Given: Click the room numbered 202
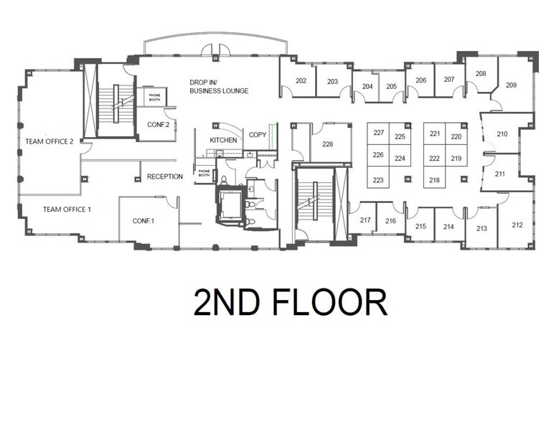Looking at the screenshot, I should [301, 81].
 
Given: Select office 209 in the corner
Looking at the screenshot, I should [511, 85].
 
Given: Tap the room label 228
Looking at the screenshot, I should [327, 144].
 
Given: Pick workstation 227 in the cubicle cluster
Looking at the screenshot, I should [379, 133].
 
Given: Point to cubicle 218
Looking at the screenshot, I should [435, 180].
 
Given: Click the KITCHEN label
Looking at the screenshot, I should [223, 140].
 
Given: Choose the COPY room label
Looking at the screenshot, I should [258, 135].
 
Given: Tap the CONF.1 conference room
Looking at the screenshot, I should [143, 221].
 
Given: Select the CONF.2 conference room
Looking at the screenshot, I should [158, 124].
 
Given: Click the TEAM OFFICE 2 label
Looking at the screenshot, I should [49, 142].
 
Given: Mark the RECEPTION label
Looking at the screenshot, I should [165, 177].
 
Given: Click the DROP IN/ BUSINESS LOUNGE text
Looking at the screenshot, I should [219, 87].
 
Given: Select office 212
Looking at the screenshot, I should [517, 225].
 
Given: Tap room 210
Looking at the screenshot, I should [502, 134].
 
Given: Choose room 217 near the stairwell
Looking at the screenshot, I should [365, 220].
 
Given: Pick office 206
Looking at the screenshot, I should [421, 80].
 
